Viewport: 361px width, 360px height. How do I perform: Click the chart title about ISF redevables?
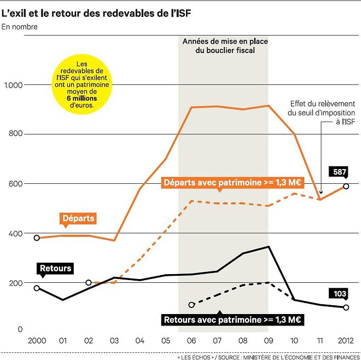tap(100, 11)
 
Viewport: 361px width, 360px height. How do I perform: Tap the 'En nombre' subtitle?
tap(20, 26)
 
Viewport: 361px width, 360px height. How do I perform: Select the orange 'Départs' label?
tap(78, 218)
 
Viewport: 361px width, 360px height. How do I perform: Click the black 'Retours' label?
tap(55, 268)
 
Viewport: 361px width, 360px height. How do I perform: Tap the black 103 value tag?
tap(340, 294)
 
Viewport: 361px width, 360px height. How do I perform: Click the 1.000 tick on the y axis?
tap(13, 85)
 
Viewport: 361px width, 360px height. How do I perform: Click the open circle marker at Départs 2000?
tap(37, 238)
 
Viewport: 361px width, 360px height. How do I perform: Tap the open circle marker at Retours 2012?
tap(346, 307)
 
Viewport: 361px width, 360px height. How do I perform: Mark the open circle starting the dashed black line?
tap(191, 305)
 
